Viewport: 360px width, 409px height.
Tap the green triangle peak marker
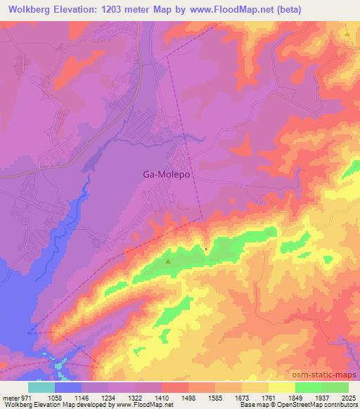[x=168, y=262]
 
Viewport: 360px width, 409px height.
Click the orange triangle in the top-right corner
[x=347, y=33]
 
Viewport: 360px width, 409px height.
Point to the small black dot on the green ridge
[x=205, y=249]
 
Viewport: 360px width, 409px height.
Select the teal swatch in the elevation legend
[x=41, y=387]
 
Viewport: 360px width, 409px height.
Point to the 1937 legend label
[x=322, y=397]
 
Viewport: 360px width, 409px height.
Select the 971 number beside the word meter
[x=27, y=397]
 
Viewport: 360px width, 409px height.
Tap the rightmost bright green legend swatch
[x=335, y=387]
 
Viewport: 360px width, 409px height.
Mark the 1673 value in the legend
[x=241, y=397]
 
